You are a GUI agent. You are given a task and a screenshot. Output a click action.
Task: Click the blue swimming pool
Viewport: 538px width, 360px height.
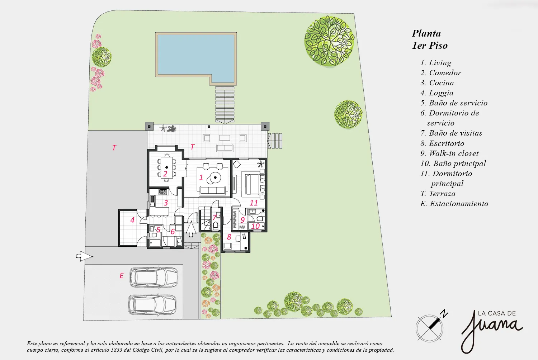pos(196,55)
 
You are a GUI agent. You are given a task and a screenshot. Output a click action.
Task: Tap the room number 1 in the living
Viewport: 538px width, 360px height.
pos(201,177)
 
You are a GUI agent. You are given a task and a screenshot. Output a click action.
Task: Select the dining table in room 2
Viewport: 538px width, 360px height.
pos(167,167)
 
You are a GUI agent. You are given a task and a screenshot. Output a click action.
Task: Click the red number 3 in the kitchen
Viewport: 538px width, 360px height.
pos(166,203)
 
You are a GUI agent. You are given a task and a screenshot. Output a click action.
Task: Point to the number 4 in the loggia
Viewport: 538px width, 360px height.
pos(132,220)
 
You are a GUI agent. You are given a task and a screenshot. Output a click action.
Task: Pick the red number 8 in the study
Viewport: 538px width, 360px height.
pos(229,237)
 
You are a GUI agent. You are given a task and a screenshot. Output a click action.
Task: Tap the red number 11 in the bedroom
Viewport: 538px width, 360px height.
pos(254,203)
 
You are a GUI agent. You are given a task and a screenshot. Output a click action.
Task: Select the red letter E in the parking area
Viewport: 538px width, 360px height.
pos(122,276)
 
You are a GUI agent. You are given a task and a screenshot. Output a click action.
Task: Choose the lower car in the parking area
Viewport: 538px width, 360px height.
pos(152,304)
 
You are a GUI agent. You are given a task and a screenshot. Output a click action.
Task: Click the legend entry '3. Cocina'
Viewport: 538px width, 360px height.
pos(437,83)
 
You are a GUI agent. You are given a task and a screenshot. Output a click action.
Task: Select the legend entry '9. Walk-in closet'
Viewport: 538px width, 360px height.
pos(449,153)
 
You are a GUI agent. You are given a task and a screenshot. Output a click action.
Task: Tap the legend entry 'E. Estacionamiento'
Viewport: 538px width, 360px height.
pos(454,204)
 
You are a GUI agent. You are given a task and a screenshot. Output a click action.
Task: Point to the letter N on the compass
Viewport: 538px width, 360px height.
pos(445,313)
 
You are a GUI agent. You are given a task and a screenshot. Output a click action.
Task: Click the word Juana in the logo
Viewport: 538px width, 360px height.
pos(491,329)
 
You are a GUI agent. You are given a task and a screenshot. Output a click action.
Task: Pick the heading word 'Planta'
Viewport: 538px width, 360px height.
pos(426,33)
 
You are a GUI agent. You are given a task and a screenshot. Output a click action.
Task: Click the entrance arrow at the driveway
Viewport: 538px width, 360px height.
pos(84,256)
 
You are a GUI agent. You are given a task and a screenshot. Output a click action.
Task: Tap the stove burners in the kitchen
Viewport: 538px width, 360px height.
pos(162,192)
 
